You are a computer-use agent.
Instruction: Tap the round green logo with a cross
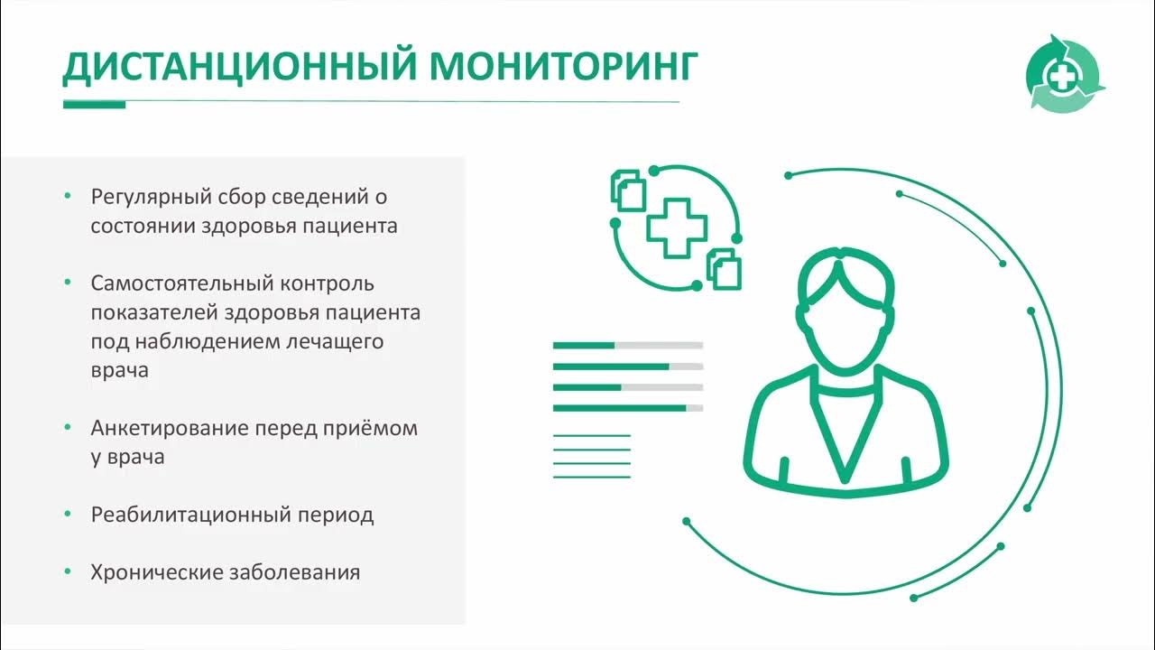pyautogui.click(x=1066, y=74)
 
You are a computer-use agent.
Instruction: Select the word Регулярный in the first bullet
pyautogui.click(x=151, y=197)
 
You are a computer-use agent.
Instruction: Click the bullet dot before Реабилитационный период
pyautogui.click(x=68, y=514)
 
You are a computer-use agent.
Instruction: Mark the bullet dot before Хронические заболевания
pyautogui.click(x=68, y=571)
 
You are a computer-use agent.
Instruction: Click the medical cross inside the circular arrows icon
pyautogui.click(x=675, y=228)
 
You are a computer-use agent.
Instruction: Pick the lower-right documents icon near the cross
pyautogui.click(x=724, y=268)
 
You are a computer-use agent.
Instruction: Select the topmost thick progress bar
pyautogui.click(x=627, y=345)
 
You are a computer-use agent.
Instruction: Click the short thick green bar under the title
pyautogui.click(x=94, y=104)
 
